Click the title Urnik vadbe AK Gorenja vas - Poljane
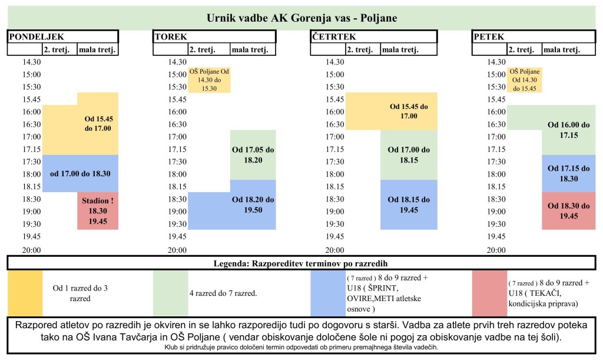301,18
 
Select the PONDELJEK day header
35,37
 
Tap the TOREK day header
171,37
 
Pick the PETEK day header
488,37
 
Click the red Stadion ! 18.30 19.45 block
98,211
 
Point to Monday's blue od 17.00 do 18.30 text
81,173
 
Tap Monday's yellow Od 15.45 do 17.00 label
98,123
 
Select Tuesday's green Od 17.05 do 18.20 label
253,155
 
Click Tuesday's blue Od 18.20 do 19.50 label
253,205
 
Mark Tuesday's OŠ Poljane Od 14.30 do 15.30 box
209,80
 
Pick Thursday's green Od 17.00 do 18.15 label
409,155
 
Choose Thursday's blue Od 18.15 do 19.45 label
409,204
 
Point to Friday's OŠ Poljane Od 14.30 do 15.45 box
524,80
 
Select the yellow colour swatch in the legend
25,293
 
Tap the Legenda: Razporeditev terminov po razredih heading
301,263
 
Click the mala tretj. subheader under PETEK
562,50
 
